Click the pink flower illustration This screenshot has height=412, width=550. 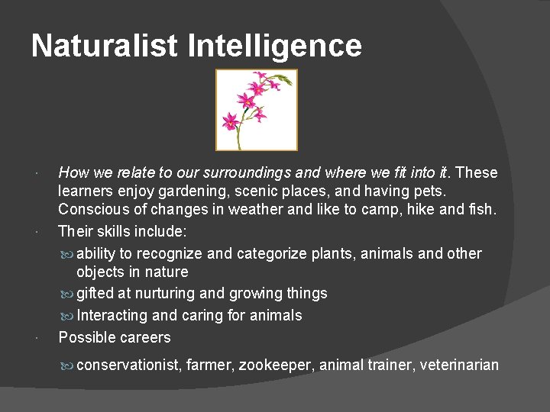(x=256, y=110)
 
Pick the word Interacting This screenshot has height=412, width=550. (x=114, y=315)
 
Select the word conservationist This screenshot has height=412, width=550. (x=128, y=365)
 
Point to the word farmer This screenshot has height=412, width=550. (x=208, y=365)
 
